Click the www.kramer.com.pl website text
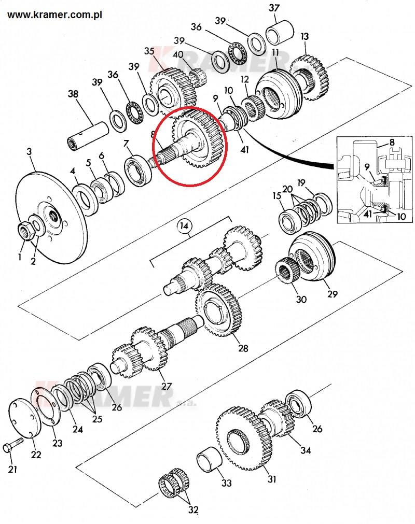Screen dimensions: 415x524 point(54,15)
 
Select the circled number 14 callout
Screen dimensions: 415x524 point(184,226)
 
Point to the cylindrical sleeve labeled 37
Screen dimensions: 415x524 point(280,33)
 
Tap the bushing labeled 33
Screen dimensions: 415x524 point(210,459)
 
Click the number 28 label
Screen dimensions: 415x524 point(243,348)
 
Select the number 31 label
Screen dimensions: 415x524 point(272,479)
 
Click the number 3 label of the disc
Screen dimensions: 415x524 point(29,151)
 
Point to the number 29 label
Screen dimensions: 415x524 point(332,294)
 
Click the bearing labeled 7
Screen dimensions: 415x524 point(138,171)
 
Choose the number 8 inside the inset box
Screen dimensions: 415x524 point(391,143)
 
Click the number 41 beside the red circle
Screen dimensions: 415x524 point(244,149)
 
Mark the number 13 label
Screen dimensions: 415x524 point(305,36)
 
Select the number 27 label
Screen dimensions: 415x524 point(166,386)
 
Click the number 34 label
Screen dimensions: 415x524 point(306,450)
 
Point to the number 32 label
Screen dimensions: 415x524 point(193,510)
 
